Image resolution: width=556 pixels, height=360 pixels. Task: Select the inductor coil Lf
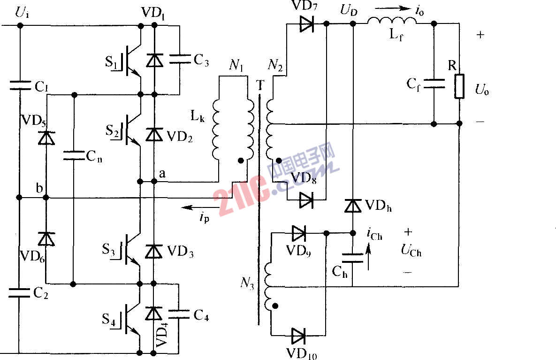click(392, 22)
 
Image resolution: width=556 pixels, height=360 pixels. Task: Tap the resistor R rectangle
click(459, 86)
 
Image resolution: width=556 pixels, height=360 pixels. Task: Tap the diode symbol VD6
click(46, 239)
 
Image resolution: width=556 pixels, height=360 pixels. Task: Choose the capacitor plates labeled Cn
click(74, 155)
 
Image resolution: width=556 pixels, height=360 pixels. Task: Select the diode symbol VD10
click(298, 336)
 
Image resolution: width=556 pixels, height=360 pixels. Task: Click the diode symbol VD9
click(298, 232)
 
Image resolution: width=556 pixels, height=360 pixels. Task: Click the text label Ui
click(22, 13)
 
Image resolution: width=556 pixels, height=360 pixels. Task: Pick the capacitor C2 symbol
click(19, 293)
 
